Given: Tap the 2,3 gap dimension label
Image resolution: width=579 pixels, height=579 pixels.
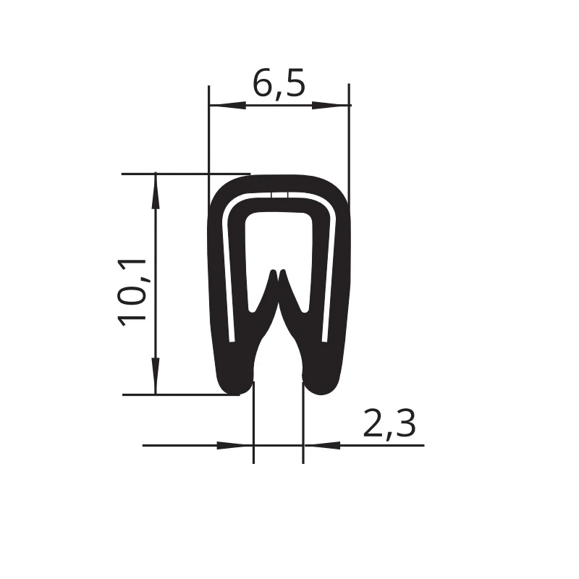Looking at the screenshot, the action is click(x=389, y=424).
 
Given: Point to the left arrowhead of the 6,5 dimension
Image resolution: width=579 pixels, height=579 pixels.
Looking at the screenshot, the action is click(x=227, y=106).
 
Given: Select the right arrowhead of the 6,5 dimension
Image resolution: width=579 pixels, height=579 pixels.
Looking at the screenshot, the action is click(x=331, y=106).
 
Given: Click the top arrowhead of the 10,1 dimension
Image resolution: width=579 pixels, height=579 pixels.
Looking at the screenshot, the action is click(x=156, y=191).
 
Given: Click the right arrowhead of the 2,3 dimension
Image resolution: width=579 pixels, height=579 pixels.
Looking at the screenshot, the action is click(x=321, y=445).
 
